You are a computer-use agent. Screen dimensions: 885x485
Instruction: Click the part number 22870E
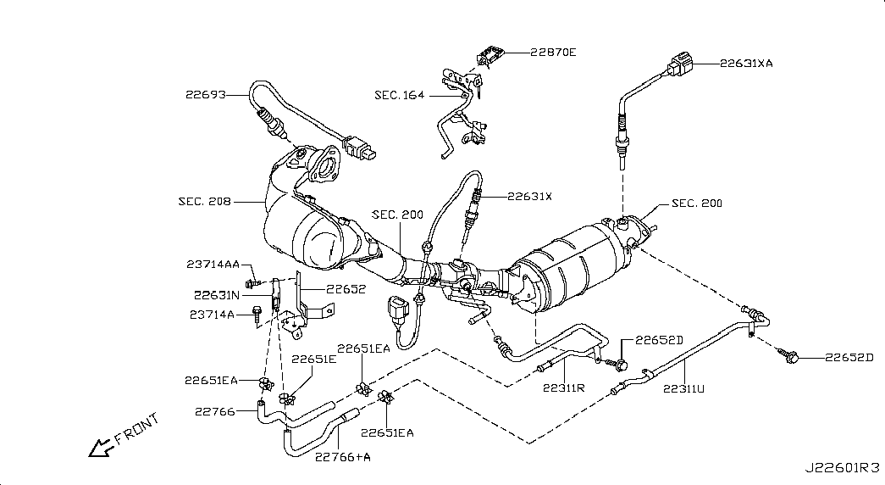(553, 53)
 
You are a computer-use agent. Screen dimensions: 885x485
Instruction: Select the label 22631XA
(746, 64)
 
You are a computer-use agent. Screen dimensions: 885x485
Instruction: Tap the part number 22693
(206, 95)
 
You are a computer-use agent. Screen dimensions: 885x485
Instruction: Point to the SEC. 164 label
(400, 95)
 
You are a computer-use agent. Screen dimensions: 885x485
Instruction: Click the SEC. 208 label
(205, 201)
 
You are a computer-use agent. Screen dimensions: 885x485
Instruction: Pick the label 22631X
(529, 197)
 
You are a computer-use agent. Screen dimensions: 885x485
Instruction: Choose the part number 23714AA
(213, 264)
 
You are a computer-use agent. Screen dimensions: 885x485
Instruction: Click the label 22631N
(217, 295)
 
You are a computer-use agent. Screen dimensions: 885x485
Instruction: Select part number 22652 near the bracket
(346, 289)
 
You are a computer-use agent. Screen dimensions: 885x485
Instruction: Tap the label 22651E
(314, 360)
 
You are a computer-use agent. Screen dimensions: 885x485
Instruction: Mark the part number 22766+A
(343, 457)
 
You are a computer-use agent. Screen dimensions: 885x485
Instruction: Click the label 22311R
(564, 387)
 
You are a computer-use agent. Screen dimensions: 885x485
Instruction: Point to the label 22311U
(683, 389)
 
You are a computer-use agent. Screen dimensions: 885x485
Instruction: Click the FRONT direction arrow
(101, 448)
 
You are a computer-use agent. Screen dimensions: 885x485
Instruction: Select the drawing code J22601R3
(842, 468)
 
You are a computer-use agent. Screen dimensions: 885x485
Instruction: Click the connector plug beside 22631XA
(679, 65)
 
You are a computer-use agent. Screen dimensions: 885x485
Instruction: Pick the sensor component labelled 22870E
(490, 55)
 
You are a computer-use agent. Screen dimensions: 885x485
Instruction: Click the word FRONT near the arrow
(137, 429)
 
